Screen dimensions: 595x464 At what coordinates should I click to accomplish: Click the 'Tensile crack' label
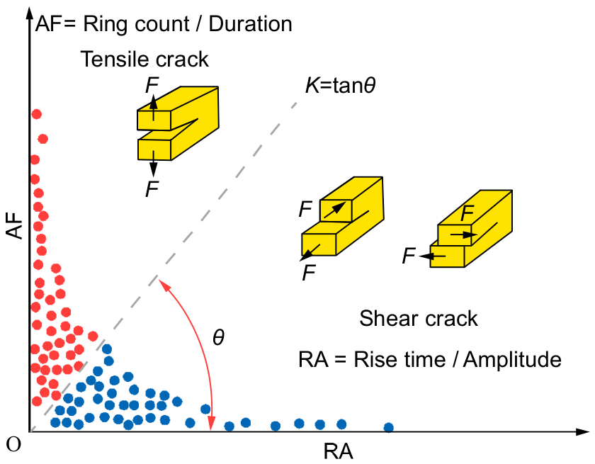[144, 60]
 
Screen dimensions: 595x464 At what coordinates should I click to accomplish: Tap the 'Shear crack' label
[419, 318]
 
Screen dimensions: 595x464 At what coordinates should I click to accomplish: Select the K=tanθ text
[341, 86]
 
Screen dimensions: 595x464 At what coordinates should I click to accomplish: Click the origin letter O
[13, 444]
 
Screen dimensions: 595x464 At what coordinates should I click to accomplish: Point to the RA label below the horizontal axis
[338, 452]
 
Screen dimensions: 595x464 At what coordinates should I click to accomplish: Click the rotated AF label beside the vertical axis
[15, 225]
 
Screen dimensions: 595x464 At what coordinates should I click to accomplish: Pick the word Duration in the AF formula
[251, 24]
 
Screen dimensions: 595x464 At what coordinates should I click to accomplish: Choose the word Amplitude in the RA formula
[512, 360]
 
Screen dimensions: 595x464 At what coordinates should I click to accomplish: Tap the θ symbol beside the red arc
[219, 337]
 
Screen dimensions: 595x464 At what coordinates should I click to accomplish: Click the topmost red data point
[36, 114]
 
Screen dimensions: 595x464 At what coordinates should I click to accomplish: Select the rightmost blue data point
[389, 428]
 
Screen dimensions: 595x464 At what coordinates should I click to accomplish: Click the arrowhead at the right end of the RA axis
[582, 431]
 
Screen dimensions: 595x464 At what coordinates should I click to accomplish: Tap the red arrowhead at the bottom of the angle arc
[211, 424]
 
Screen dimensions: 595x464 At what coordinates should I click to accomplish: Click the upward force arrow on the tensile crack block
[153, 108]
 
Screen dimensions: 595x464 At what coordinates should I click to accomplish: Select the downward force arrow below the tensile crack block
[153, 164]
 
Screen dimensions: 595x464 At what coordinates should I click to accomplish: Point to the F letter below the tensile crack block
[152, 189]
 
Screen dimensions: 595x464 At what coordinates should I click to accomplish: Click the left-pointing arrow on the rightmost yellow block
[433, 256]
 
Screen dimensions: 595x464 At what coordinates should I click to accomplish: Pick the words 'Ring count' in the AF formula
[136, 24]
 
